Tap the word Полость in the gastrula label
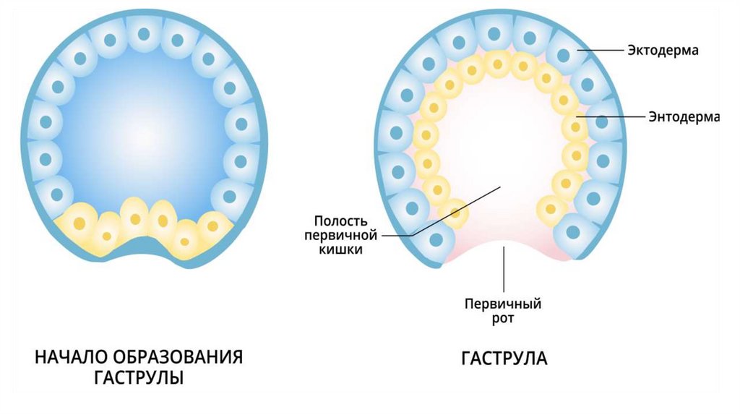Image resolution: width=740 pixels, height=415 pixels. coord(343,220)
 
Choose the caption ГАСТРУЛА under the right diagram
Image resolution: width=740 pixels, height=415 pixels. coord(504,359)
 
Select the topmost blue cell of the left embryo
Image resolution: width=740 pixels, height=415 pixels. coord(144,33)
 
